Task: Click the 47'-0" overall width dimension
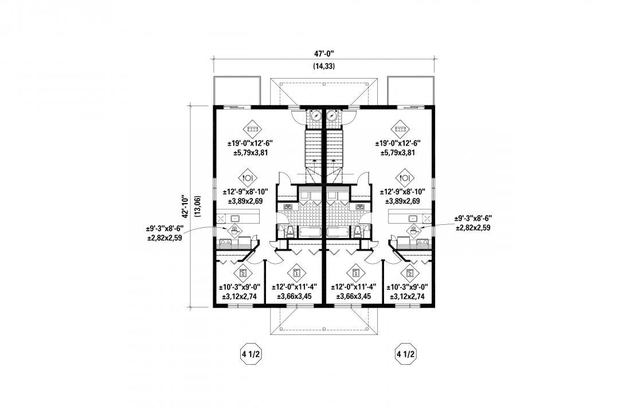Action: point(324,53)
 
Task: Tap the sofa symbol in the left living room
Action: point(251,127)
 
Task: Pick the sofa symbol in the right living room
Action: point(398,127)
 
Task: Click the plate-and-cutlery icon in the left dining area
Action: point(250,176)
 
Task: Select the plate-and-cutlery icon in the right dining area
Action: point(405,176)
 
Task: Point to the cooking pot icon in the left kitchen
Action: point(234,231)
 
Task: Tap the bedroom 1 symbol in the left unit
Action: point(296,271)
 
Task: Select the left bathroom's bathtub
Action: point(310,232)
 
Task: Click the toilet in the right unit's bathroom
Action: point(359,231)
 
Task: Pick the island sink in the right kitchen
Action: point(413,218)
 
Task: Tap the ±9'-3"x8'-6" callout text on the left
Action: point(165,233)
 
